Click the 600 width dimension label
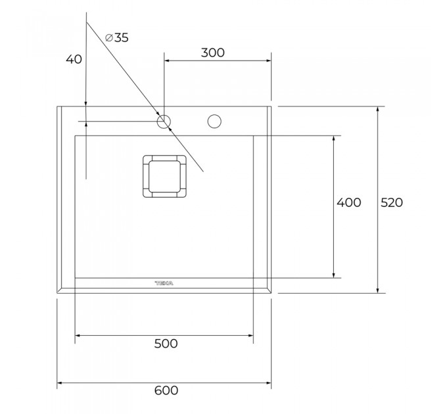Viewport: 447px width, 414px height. pyautogui.click(x=166, y=390)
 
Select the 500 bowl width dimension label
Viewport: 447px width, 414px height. pyautogui.click(x=166, y=344)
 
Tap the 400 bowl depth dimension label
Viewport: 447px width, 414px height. pyautogui.click(x=349, y=202)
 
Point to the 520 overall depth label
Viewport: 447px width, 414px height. pyautogui.click(x=392, y=202)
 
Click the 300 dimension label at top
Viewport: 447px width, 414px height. pyautogui.click(x=213, y=53)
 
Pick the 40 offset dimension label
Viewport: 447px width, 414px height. pyautogui.click(x=74, y=59)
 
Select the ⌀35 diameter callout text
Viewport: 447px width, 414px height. pyautogui.click(x=117, y=37)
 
